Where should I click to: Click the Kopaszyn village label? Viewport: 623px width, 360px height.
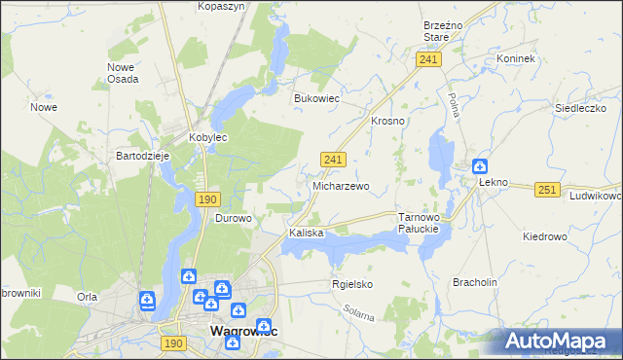coord(221,6)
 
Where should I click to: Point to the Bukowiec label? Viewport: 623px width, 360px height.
coord(316,98)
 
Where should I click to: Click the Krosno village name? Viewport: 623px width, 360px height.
coord(387,121)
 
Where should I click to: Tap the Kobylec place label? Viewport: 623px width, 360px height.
coord(207,138)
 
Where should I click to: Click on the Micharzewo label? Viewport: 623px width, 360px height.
coord(341,186)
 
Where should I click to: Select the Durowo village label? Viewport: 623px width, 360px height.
coord(234,219)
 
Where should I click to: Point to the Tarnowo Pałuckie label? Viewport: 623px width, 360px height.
coord(421,223)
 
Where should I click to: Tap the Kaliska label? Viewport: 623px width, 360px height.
coord(306,234)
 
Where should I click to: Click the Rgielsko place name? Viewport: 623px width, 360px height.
coord(352,285)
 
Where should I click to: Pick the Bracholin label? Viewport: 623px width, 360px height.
coord(475,282)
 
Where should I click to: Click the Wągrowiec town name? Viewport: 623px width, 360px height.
coord(243,332)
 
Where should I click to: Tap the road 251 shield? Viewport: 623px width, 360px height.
coord(547,191)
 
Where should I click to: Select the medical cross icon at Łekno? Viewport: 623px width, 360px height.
coord(479,166)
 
